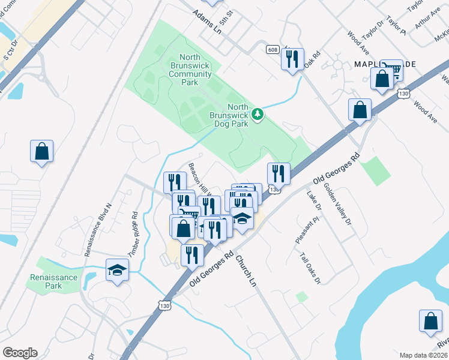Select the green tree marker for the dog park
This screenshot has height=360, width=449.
point(258,113)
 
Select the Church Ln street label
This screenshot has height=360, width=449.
point(246,270)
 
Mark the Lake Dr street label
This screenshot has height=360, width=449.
point(314,200)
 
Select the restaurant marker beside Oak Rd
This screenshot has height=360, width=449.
point(292,59)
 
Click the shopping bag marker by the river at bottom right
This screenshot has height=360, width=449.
point(431,321)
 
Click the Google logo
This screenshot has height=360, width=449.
point(20,353)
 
